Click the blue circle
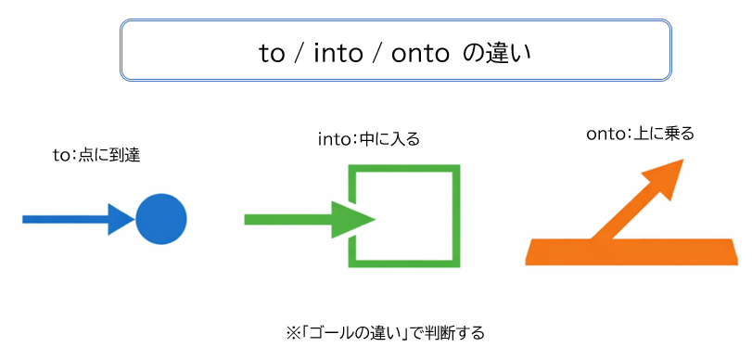(x=161, y=219)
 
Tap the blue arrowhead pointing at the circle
(x=121, y=219)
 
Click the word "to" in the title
(x=273, y=53)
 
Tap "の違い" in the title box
(x=497, y=53)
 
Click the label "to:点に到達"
(x=96, y=155)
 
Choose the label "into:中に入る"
(x=368, y=140)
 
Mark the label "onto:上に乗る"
(x=641, y=134)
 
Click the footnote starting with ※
(x=386, y=331)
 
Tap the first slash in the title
(x=300, y=53)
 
